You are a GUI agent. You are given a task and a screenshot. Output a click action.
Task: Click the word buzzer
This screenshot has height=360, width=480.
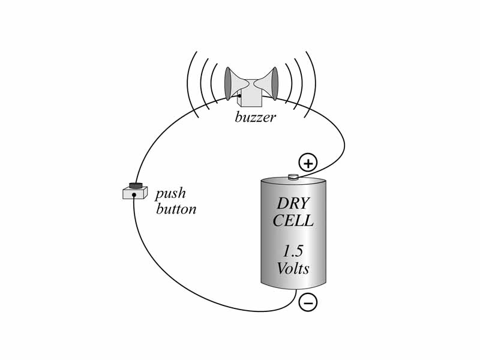click(255, 117)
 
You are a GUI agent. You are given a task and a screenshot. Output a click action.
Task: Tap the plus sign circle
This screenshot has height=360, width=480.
click(308, 162)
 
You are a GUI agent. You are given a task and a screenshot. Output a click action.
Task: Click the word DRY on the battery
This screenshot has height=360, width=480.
click(293, 204)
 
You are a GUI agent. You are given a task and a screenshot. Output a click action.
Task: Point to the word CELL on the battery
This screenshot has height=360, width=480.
click(293, 221)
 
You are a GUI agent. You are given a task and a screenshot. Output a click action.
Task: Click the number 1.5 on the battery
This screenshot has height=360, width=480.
click(293, 251)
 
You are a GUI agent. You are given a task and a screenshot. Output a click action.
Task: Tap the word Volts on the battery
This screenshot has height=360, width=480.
click(293, 268)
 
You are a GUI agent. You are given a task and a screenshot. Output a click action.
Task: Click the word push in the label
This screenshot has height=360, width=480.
click(170, 194)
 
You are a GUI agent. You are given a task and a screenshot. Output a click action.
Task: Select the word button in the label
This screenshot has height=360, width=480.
click(176, 209)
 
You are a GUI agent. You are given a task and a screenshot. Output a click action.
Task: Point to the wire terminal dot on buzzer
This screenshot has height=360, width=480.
click(239, 96)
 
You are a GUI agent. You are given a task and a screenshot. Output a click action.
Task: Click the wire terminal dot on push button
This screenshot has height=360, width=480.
click(134, 194)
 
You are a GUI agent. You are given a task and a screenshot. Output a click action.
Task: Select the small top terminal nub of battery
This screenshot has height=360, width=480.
click(293, 176)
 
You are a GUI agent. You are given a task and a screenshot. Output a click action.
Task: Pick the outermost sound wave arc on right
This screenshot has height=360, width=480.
click(314, 84)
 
